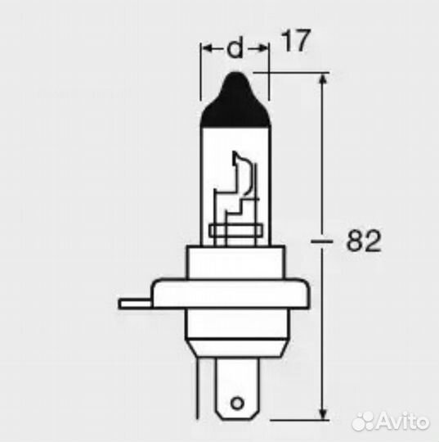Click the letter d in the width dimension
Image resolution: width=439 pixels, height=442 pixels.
pos(235,50)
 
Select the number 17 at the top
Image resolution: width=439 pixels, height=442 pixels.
pos(296,42)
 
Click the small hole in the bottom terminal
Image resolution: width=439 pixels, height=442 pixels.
pos(235,403)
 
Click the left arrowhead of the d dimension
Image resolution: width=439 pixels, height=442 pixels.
pos(206,50)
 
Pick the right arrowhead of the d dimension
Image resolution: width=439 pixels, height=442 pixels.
pos(263,50)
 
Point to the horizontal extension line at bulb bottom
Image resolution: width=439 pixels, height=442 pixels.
pos(294,416)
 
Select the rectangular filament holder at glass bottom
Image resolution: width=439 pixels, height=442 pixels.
pos(235,234)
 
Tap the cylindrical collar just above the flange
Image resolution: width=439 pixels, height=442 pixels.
pos(235,263)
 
